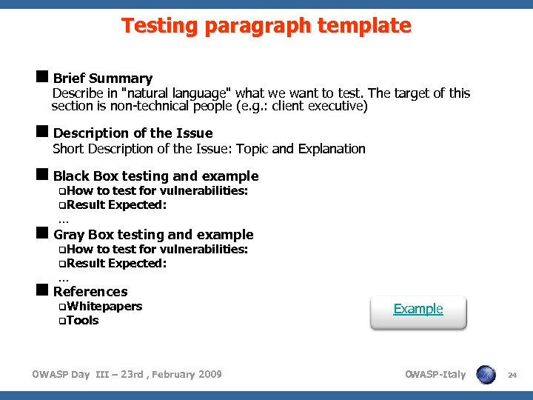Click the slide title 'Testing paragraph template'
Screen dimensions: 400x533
[x=266, y=26]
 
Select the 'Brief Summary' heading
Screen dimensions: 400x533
[x=102, y=79]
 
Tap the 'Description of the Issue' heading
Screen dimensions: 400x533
[x=133, y=133]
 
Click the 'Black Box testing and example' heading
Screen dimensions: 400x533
[x=155, y=176]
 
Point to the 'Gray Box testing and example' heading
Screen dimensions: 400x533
[x=153, y=235]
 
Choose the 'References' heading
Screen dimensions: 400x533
[x=90, y=292]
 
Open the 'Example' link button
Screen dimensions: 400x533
[x=418, y=310]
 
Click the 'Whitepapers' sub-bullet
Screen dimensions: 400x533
[x=104, y=307]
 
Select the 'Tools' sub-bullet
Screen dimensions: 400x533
[x=82, y=321]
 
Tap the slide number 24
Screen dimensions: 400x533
[x=512, y=376]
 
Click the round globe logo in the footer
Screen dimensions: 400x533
[x=486, y=375]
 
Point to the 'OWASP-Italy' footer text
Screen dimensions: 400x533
[x=435, y=375]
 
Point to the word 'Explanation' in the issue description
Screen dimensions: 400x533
[x=332, y=149]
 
